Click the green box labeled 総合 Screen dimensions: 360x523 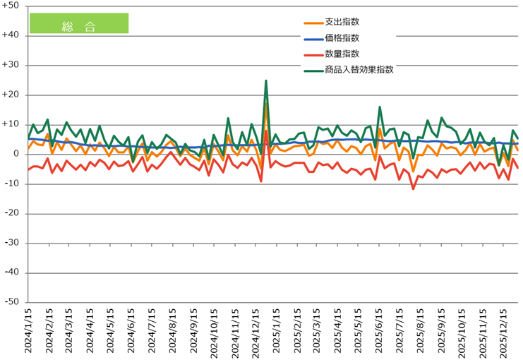pyautogui.click(x=78, y=23)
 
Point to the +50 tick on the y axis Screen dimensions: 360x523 pyautogui.click(x=13, y=6)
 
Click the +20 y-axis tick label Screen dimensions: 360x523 pyautogui.click(x=13, y=95)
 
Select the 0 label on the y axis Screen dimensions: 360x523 pyautogui.click(x=18, y=154)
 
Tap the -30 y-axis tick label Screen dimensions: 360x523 pyautogui.click(x=14, y=243)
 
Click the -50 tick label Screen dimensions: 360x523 pyautogui.click(x=14, y=302)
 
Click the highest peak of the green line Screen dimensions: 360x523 pyautogui.click(x=266, y=80)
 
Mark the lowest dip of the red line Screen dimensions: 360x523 pyautogui.click(x=414, y=188)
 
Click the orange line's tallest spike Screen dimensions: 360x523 pyautogui.click(x=266, y=104)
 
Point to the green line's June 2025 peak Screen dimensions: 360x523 pyautogui.click(x=380, y=107)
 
